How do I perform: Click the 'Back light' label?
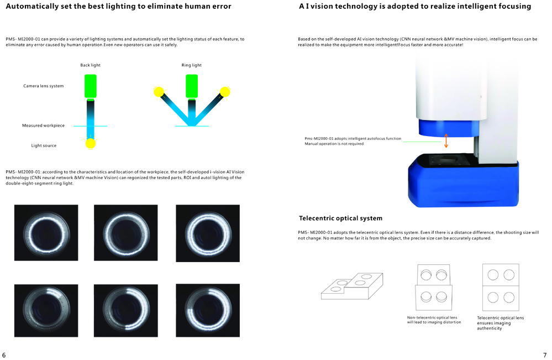click(x=90, y=65)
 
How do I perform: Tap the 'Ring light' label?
click(x=192, y=65)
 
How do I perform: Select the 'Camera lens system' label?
click(x=43, y=86)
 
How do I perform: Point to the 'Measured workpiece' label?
click(x=43, y=126)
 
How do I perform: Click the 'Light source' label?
click(x=44, y=145)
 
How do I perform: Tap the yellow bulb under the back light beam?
click(x=91, y=143)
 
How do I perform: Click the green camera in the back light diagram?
click(x=91, y=86)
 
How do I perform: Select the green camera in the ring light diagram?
click(x=192, y=86)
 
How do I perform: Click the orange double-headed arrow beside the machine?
click(x=446, y=140)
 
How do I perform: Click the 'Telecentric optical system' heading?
click(x=340, y=218)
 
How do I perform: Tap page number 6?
click(x=4, y=355)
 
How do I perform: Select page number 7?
click(x=545, y=355)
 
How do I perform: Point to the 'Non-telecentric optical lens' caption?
click(x=432, y=317)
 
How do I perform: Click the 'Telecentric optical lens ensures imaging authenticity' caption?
click(x=500, y=323)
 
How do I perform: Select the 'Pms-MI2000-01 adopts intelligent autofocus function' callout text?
click(x=353, y=138)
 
